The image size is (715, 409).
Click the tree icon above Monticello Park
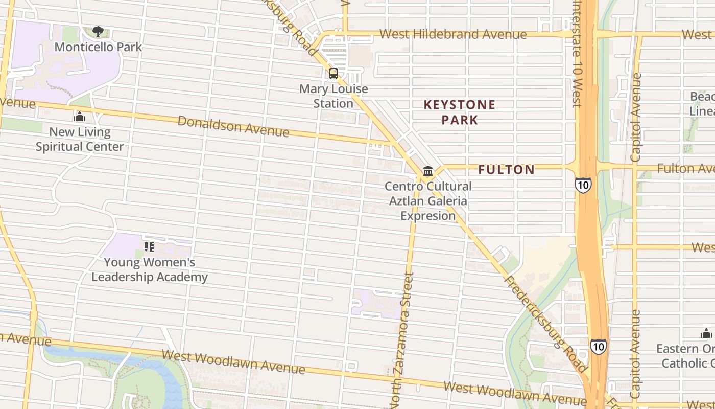click(x=98, y=32)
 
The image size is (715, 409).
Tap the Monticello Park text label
click(x=98, y=47)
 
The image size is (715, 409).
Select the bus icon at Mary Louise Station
click(x=333, y=74)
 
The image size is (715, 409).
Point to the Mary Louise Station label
click(x=333, y=96)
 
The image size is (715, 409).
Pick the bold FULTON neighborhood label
click(x=506, y=170)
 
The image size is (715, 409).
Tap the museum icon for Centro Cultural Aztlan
click(x=428, y=171)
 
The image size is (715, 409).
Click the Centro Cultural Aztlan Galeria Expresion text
click(x=428, y=201)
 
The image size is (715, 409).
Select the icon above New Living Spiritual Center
click(x=79, y=117)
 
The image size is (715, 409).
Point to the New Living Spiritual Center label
click(x=80, y=140)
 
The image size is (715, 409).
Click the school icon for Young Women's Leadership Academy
click(x=149, y=247)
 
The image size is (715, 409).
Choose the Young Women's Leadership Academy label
click(x=150, y=270)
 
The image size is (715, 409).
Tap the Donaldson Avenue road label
click(x=233, y=126)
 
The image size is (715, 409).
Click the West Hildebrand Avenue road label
click(x=453, y=34)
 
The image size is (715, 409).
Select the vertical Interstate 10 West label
click(x=577, y=54)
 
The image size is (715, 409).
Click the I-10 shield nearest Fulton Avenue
click(x=583, y=185)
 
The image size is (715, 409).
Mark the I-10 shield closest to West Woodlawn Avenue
click(x=599, y=347)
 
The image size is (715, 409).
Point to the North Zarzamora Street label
click(x=401, y=340)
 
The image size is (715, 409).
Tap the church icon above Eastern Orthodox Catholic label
click(x=706, y=334)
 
